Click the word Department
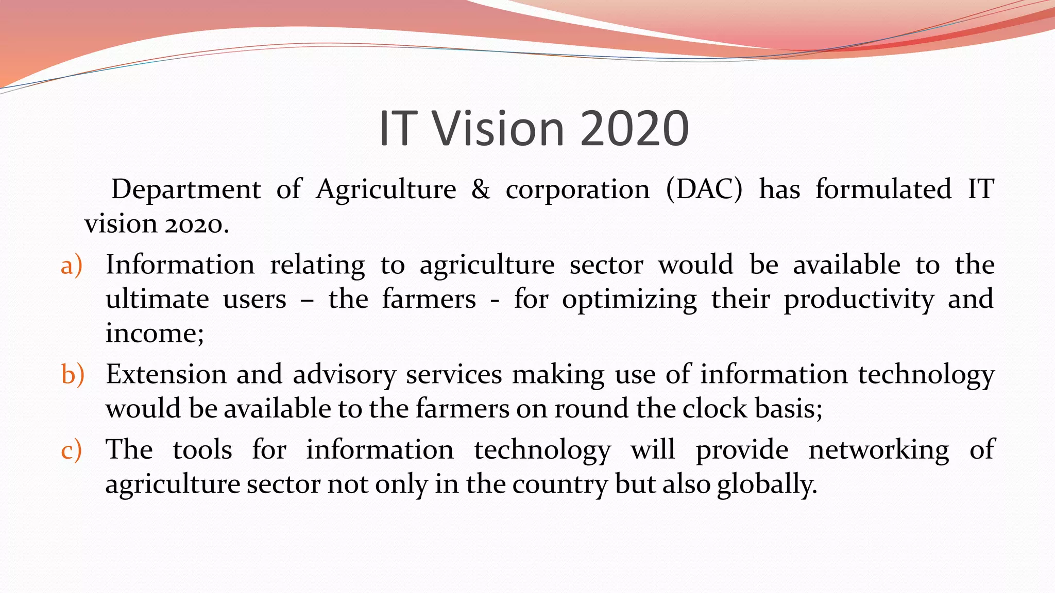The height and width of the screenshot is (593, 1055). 186,189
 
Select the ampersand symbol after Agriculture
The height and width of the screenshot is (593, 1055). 480,189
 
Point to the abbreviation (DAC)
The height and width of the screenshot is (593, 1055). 704,189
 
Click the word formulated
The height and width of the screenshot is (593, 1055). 883,189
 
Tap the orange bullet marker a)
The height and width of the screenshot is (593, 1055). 71,266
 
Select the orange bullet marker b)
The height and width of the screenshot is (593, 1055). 72,374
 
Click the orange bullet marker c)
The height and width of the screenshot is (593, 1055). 71,450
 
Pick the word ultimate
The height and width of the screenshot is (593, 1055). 157,299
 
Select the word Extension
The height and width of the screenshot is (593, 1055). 166,374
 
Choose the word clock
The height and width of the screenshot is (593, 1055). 715,409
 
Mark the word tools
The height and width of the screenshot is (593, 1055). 202,450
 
